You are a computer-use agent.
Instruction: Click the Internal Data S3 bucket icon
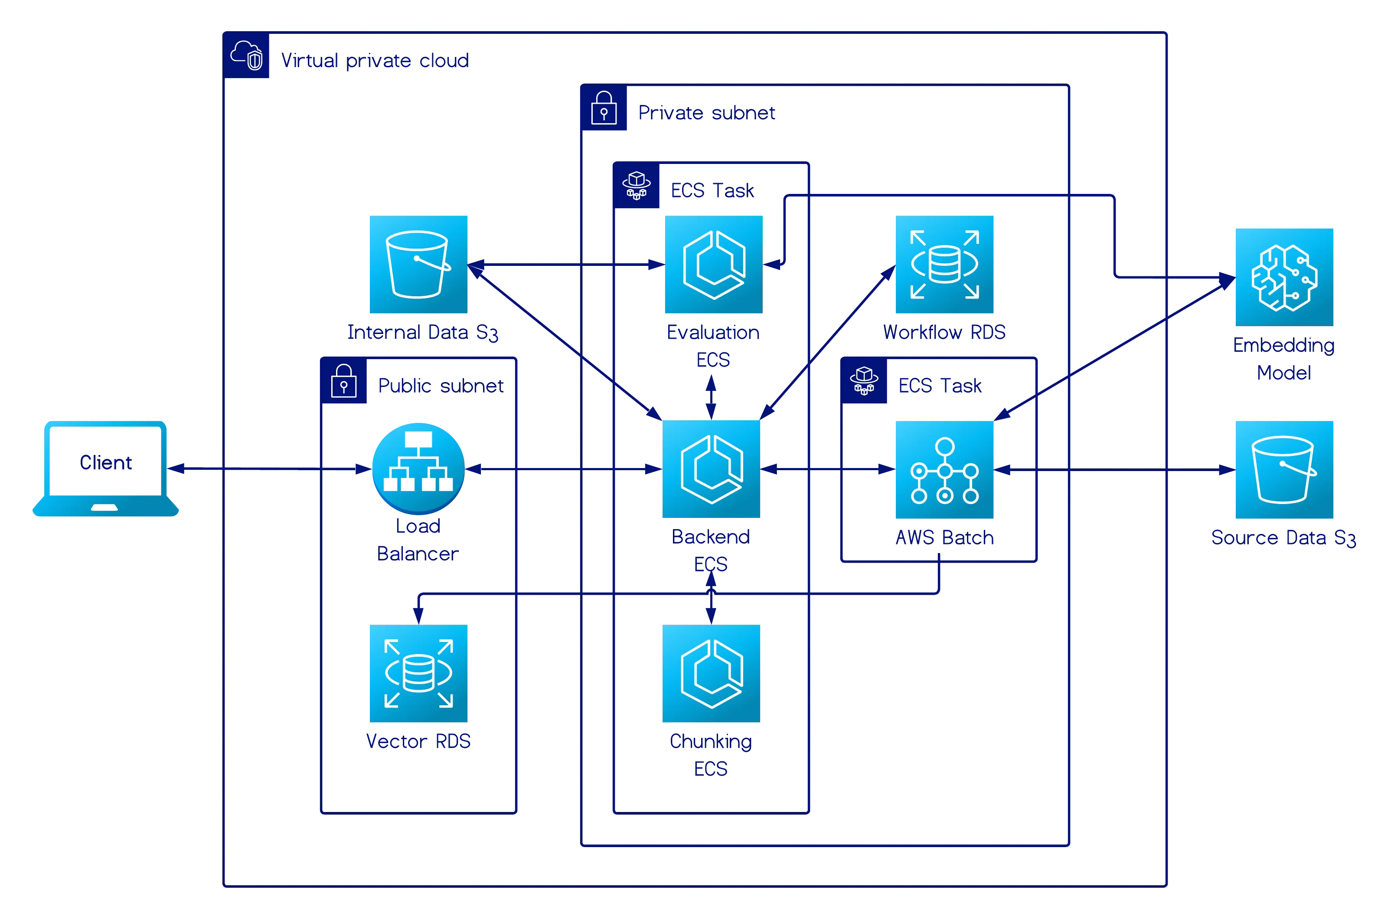coord(418,265)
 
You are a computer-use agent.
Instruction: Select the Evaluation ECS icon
coord(712,265)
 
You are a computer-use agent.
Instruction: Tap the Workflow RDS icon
coord(945,265)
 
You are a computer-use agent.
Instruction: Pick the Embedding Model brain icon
coord(1284,276)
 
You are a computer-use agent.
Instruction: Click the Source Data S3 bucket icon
coord(1284,470)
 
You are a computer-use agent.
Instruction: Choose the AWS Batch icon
coord(945,470)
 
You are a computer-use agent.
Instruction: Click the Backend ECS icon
coord(712,470)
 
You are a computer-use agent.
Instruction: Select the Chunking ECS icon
coord(712,674)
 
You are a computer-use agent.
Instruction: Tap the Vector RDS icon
coord(418,674)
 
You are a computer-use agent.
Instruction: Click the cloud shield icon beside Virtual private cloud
coord(247,56)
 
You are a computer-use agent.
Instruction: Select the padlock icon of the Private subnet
coord(604,108)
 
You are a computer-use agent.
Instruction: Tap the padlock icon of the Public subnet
coord(344,381)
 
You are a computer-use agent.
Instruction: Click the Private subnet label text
coord(707,113)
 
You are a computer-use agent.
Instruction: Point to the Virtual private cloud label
coord(374,60)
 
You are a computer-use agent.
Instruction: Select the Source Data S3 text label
coord(1283,537)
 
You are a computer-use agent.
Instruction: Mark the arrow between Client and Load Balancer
coord(270,469)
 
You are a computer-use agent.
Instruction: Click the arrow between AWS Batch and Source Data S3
coord(1114,470)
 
